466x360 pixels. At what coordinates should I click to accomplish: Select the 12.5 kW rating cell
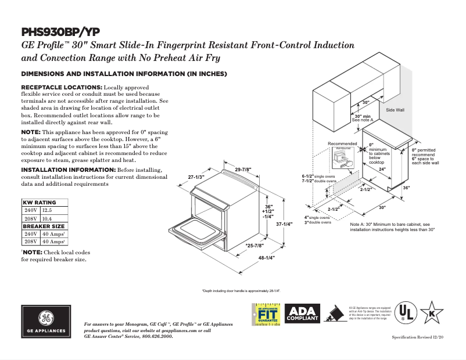tap(47, 210)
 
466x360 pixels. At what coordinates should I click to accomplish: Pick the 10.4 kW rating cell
tap(47, 218)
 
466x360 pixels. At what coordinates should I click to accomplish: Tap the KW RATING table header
tap(39, 202)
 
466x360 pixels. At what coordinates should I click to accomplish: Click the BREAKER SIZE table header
tap(44, 226)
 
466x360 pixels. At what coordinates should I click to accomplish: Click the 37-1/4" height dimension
tap(284, 224)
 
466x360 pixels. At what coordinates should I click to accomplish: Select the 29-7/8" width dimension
tap(243, 170)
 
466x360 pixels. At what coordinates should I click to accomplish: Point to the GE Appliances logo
tap(46, 321)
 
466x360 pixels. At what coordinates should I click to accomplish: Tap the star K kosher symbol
tap(432, 314)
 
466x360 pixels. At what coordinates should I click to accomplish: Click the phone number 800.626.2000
tap(157, 336)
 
